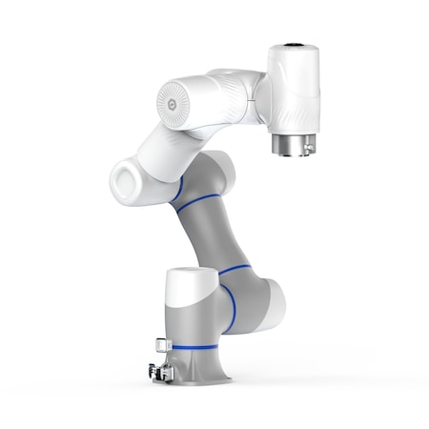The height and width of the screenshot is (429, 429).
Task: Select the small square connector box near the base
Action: [x=156, y=342]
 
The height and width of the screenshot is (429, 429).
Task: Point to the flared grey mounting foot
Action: [x=205, y=367]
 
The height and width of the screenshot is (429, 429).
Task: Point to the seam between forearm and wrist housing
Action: [x=257, y=95]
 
